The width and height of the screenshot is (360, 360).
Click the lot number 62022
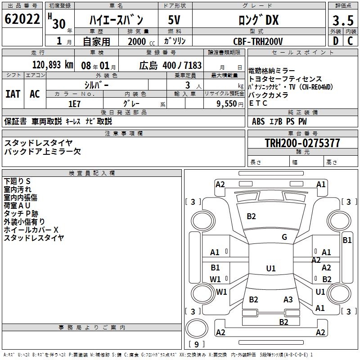[x=22, y=20]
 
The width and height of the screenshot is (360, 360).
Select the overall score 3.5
[x=342, y=20]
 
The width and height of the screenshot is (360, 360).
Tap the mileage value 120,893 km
[x=53, y=65]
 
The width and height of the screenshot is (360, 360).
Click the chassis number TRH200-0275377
[x=302, y=143]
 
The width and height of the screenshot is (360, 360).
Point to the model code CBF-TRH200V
[x=258, y=41]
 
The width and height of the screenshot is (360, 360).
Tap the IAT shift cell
[x=13, y=94]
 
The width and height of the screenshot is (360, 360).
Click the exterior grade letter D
[x=335, y=41]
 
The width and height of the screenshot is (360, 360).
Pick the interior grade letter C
[x=350, y=41]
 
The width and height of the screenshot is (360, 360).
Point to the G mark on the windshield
[x=284, y=237]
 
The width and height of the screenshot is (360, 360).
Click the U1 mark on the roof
[x=270, y=269]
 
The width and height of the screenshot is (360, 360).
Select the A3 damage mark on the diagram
[x=288, y=300]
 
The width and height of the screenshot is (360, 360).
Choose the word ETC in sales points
[x=258, y=103]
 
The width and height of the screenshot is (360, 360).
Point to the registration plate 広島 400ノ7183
[x=164, y=65]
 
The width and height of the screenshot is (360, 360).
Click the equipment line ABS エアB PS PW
[x=279, y=121]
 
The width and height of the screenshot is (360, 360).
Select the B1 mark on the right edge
[x=347, y=240]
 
